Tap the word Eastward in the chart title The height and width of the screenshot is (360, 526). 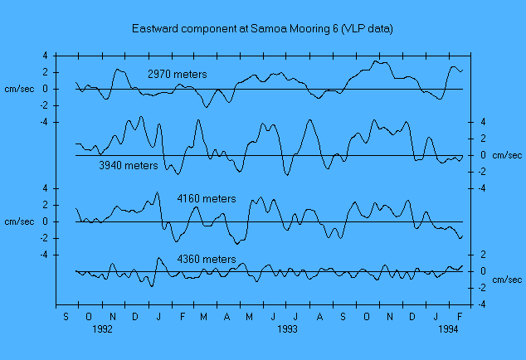coord(155,28)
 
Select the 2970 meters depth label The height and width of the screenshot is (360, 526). coord(177,75)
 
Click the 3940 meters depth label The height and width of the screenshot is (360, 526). coord(128,166)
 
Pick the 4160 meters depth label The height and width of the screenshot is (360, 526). coord(206,199)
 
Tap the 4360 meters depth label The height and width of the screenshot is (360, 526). coord(206,260)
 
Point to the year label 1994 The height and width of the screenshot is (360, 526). coord(448,329)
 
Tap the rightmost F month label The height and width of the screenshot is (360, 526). coord(459,316)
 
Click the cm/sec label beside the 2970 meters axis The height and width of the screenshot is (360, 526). coord(19,89)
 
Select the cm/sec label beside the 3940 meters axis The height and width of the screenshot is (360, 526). coord(505,155)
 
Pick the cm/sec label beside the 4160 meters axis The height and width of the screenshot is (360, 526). coord(19,221)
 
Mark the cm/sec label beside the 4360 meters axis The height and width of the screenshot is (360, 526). coord(505,280)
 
